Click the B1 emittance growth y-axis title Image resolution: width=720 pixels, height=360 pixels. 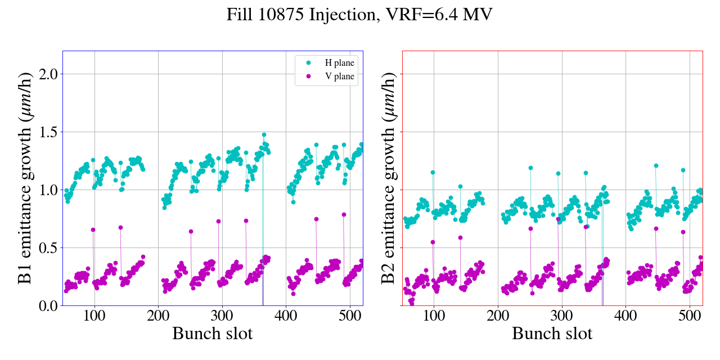pyautogui.click(x=25, y=178)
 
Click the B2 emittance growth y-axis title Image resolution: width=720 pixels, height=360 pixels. pyautogui.click(x=388, y=178)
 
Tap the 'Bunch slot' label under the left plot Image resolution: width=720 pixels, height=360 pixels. pyautogui.click(x=212, y=334)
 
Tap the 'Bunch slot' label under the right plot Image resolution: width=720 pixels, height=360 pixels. pyautogui.click(x=552, y=334)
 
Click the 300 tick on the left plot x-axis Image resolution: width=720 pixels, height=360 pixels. pyautogui.click(x=222, y=314)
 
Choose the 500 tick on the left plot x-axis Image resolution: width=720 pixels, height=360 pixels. pyautogui.click(x=350, y=314)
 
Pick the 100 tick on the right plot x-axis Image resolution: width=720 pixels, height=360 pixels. pyautogui.click(x=434, y=314)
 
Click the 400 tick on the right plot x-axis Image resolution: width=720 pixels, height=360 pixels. pyautogui.click(x=625, y=314)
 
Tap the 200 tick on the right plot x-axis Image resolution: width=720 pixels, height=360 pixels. pyautogui.click(x=498, y=314)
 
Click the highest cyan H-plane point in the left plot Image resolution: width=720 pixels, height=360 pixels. pyautogui.click(x=264, y=135)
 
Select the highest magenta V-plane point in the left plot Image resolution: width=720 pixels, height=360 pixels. pyautogui.click(x=344, y=214)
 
